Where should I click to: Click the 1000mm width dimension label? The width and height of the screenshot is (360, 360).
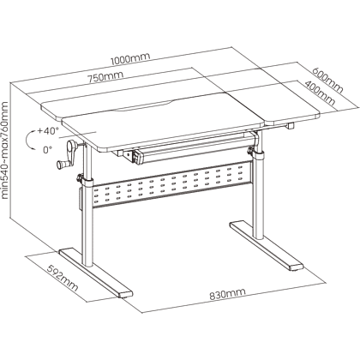click(x=130, y=58)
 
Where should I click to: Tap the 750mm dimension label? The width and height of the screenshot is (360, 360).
click(x=105, y=77)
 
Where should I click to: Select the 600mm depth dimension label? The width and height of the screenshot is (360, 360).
click(x=327, y=81)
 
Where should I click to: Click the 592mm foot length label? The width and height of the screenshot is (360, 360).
click(x=63, y=279)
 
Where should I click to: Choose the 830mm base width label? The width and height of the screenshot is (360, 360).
click(x=227, y=294)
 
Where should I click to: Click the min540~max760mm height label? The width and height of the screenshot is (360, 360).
click(x=5, y=150)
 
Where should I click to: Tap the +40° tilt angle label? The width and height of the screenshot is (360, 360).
click(x=48, y=131)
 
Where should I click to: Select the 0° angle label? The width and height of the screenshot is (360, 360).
click(x=48, y=149)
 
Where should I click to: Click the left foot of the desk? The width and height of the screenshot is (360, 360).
click(x=96, y=273)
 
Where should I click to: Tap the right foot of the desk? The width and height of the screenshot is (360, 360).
click(x=266, y=245)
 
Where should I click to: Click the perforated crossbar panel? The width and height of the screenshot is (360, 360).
click(x=172, y=185)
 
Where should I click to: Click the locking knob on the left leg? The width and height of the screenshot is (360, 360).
click(x=80, y=178)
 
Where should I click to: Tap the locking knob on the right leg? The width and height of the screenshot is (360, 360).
click(x=251, y=150)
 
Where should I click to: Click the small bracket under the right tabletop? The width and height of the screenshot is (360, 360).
click(x=291, y=126)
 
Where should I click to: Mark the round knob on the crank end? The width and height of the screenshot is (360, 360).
click(x=61, y=165)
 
